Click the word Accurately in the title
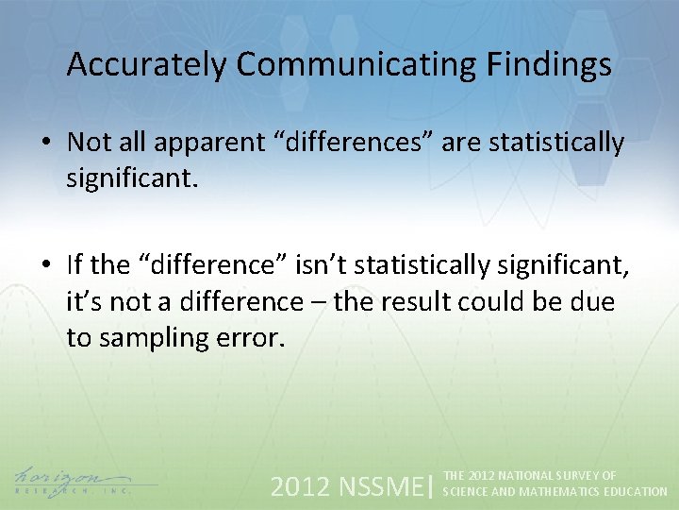pyautogui.click(x=147, y=65)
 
